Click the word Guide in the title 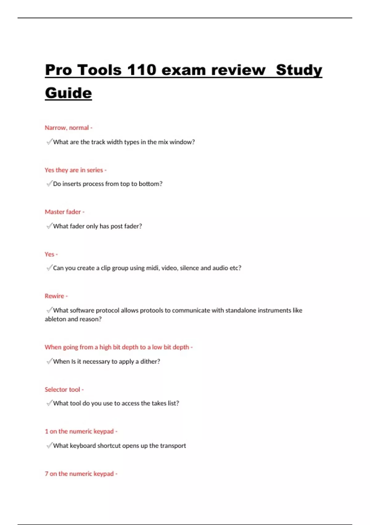coord(68,93)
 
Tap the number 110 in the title coord(142,70)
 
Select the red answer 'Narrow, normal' coord(67,128)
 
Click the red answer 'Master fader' coord(63,212)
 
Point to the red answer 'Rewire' coord(55,296)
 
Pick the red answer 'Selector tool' coord(63,389)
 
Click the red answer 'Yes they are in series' coord(74,170)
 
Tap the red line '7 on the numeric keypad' coord(80,473)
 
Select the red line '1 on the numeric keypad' coord(80,431)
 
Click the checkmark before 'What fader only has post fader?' coord(49,226)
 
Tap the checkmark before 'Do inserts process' coord(49,184)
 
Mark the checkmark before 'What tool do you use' coord(49,403)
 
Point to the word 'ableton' coord(55,319)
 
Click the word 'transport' coord(173,446)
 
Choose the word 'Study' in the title coord(299,70)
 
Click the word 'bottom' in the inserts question coord(149,184)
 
